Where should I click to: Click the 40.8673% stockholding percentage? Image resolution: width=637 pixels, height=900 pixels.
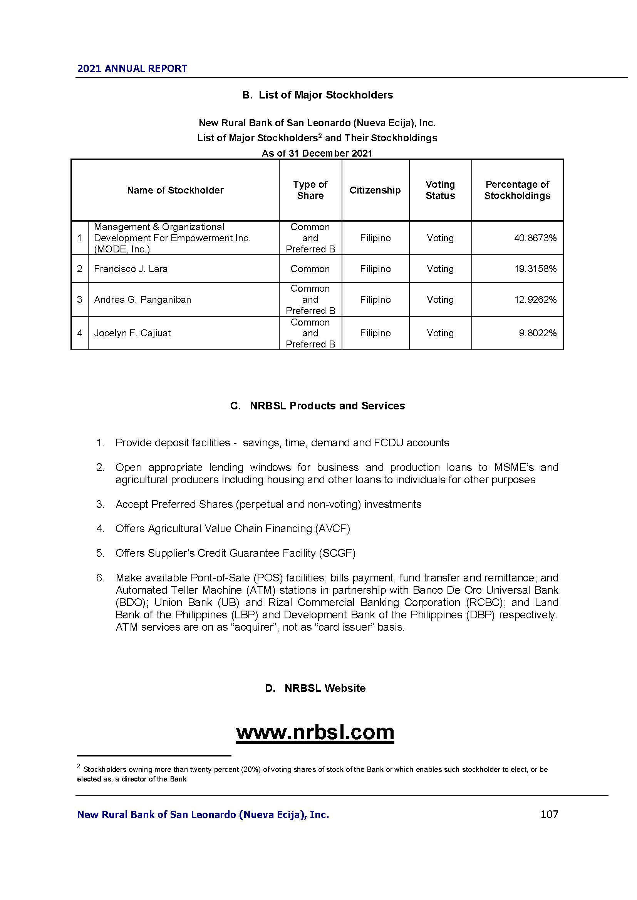pos(535,238)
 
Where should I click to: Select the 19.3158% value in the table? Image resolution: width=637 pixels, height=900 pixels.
pos(535,269)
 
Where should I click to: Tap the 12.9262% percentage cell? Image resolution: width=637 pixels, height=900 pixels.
pos(535,299)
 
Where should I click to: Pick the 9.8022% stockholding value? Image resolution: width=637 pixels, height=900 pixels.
pos(537,333)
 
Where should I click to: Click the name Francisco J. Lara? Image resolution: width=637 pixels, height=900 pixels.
pos(131,269)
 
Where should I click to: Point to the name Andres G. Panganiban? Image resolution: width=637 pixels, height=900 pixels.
pos(142,299)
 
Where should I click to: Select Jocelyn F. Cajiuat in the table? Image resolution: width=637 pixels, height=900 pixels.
pos(132,333)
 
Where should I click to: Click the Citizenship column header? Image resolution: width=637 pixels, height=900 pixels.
pos(375,190)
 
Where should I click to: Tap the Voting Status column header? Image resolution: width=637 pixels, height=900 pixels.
pos(440,190)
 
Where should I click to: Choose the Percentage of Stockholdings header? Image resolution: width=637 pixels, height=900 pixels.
pos(517,190)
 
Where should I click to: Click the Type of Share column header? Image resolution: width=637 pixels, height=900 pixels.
pos(310,190)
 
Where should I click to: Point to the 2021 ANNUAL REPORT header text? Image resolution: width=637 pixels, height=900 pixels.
pos(132,68)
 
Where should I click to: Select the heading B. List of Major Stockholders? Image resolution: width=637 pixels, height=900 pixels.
pos(318,95)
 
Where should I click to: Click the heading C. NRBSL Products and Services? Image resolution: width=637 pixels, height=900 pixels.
pos(317,406)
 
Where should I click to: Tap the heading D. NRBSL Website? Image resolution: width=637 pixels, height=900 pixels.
pos(315,688)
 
